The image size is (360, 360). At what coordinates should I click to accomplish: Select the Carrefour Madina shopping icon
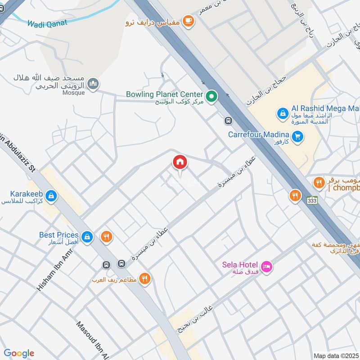[x=297, y=136]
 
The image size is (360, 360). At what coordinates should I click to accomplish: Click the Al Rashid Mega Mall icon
[x=282, y=113]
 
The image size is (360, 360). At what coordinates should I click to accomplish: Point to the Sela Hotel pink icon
[x=267, y=267]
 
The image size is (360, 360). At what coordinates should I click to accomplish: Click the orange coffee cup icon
[x=189, y=21]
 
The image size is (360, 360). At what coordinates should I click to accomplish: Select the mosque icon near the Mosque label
[x=93, y=84]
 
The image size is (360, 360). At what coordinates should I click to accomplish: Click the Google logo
[x=19, y=353]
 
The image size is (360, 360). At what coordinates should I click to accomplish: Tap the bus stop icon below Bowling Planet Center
[x=229, y=121]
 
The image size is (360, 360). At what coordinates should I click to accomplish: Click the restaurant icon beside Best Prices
[x=106, y=236]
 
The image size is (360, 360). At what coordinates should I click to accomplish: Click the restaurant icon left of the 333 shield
[x=295, y=196]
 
